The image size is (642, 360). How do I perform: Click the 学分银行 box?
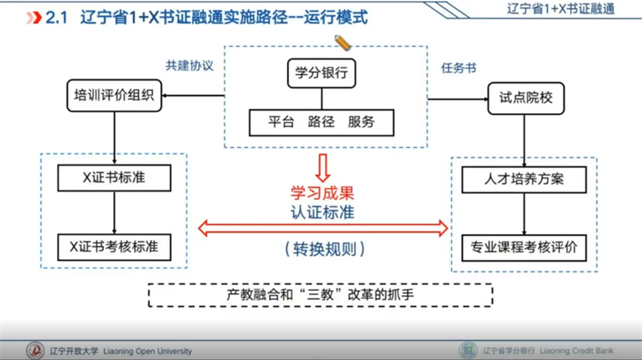[321, 74]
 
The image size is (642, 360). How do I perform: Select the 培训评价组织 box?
[114, 96]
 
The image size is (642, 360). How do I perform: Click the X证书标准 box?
[114, 178]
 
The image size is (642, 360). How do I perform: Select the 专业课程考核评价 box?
[524, 246]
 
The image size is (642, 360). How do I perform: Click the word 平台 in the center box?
[281, 123]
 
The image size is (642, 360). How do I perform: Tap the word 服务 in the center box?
[361, 123]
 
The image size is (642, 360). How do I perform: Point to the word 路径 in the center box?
[321, 123]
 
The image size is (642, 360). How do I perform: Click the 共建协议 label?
[189, 66]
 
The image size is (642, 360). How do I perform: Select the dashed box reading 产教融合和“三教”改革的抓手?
[320, 294]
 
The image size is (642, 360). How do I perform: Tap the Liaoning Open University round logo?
[35, 351]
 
